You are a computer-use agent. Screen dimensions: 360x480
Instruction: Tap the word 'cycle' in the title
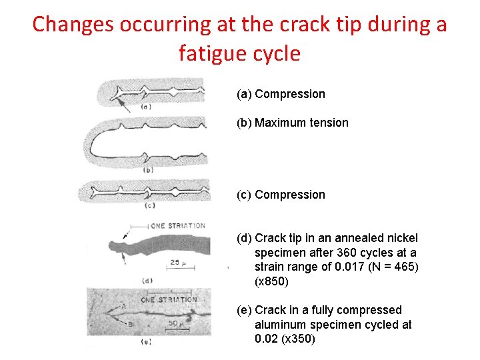279,53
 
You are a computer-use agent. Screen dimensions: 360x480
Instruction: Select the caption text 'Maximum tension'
301,123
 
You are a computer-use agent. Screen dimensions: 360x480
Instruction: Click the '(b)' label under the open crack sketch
148,171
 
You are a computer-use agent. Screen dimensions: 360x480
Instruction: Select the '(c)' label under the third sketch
149,205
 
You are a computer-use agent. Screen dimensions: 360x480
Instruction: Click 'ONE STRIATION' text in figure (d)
178,226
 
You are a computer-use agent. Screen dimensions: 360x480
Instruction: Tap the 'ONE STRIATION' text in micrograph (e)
169,300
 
